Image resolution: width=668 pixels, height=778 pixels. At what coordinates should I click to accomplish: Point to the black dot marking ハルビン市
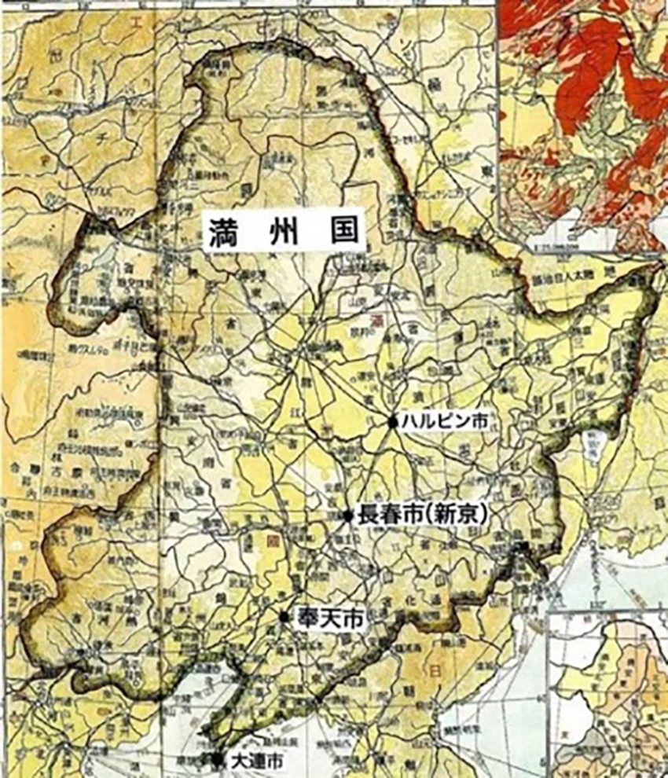[392, 422]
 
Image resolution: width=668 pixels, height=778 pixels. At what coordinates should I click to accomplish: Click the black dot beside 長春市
[347, 516]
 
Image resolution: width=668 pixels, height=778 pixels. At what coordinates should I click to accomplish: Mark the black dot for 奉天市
[284, 618]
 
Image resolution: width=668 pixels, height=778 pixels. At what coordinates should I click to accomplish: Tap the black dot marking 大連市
[218, 760]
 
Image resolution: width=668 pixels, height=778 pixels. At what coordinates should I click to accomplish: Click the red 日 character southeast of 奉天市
[431, 670]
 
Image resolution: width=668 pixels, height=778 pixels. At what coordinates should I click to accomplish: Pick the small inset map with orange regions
[609, 692]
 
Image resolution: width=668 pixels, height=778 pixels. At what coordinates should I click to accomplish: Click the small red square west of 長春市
[273, 541]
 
